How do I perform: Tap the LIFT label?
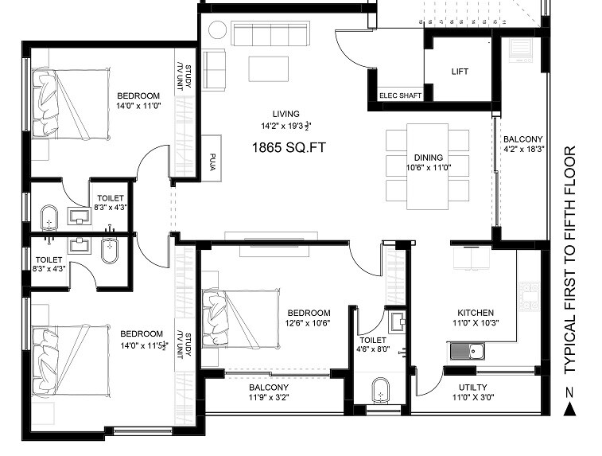(460, 72)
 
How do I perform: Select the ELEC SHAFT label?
(400, 95)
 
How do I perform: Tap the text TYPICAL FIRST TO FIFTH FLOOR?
(569, 259)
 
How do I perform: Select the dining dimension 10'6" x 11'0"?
(428, 168)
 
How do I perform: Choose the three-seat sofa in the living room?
(271, 37)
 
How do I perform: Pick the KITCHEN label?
(476, 313)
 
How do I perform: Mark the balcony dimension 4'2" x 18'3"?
(522, 148)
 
